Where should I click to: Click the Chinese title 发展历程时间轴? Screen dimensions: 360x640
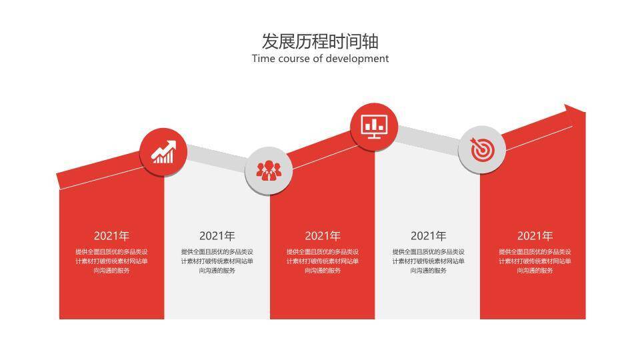point(320,41)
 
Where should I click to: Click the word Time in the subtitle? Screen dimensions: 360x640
point(263,59)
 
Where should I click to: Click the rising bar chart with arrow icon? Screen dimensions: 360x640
point(163,152)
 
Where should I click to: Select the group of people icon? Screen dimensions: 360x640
point(268,171)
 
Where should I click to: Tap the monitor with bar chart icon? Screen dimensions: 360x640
point(374,125)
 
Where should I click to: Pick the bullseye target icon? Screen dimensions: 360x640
point(481,150)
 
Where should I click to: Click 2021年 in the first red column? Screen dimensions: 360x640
point(111,236)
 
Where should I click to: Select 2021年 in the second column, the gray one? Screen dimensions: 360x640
point(217,236)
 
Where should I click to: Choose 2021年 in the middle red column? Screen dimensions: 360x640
point(323,236)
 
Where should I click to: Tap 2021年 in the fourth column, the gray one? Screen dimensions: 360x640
point(428,236)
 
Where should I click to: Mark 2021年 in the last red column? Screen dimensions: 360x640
point(535,236)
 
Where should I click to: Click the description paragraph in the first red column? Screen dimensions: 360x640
point(111,261)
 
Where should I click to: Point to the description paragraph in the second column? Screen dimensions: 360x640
point(217,261)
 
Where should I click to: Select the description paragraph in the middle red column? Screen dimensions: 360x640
point(323,261)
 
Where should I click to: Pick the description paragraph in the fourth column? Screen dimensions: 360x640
point(428,261)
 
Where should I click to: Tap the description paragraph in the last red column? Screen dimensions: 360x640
point(535,261)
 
